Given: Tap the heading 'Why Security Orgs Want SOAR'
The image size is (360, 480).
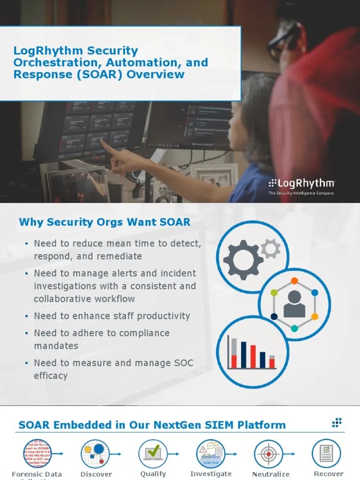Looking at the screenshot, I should pyautogui.click(x=105, y=222).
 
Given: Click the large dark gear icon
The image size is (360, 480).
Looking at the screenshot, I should pyautogui.click(x=243, y=259).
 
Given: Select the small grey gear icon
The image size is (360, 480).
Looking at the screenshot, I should pyautogui.click(x=270, y=248).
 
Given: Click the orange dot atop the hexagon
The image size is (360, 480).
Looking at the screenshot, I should pyautogui.click(x=294, y=281).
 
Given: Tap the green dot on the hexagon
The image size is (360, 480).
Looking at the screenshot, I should pyautogui.click(x=274, y=293).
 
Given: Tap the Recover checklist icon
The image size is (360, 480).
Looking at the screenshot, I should pyautogui.click(x=326, y=453).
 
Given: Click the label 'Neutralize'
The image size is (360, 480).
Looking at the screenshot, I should pyautogui.click(x=270, y=474).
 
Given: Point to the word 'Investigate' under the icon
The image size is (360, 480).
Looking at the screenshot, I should pyautogui.click(x=211, y=474).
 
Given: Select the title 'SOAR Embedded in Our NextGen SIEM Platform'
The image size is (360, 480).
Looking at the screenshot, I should pyautogui.click(x=152, y=425).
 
